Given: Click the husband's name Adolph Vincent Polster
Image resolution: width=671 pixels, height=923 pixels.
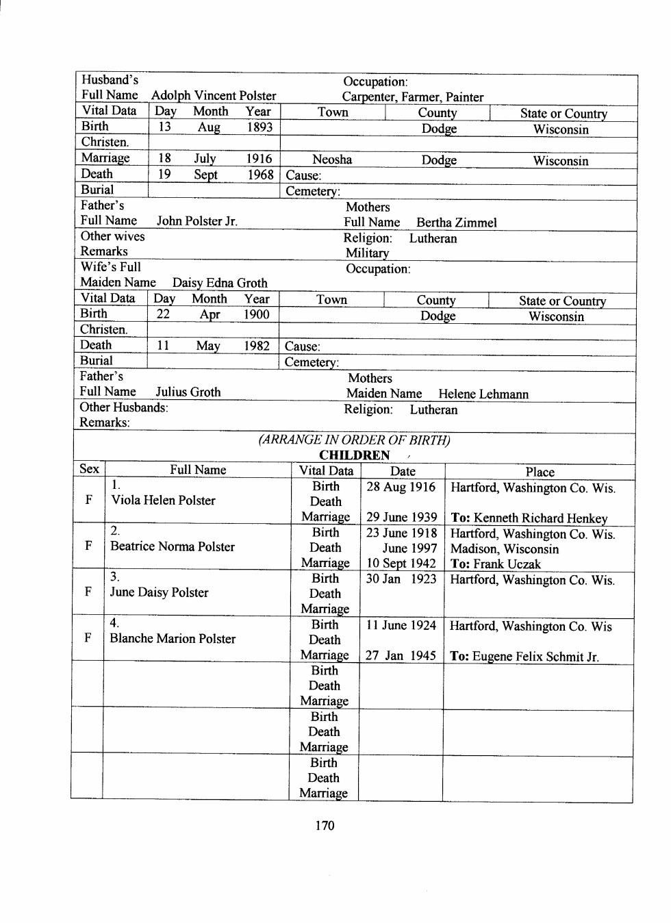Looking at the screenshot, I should [x=214, y=96].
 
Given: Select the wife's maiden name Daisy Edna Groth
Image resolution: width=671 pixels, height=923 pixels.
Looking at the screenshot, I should [x=220, y=283].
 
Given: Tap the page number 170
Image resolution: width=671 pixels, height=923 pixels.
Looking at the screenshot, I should [x=325, y=825].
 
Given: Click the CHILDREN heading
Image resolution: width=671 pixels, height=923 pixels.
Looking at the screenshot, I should [x=354, y=455].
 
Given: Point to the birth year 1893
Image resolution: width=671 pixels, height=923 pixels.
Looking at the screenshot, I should [x=259, y=127].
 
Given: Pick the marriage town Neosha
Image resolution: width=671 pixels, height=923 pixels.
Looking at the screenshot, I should [x=332, y=160].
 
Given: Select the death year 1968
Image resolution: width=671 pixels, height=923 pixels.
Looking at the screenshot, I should [x=260, y=175].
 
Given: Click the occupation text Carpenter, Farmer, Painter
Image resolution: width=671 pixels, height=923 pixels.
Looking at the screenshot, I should [x=413, y=97].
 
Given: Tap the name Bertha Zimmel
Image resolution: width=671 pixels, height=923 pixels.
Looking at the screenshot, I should [x=457, y=223].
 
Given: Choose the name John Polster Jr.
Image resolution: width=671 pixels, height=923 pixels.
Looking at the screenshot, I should [x=197, y=221].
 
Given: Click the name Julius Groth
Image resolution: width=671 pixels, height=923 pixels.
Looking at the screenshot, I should [x=188, y=392].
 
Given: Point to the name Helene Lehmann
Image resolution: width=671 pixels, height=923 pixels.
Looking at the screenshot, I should [x=483, y=394].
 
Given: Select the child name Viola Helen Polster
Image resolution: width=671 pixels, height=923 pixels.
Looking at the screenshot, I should [x=164, y=501].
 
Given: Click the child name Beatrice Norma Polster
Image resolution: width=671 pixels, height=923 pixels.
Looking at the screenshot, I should [x=173, y=546].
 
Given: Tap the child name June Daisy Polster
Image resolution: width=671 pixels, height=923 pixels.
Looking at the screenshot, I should [x=159, y=592].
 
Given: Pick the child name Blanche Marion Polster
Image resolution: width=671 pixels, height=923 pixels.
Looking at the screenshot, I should [x=173, y=638].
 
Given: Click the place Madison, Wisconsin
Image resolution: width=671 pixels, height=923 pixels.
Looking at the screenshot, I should [x=505, y=549].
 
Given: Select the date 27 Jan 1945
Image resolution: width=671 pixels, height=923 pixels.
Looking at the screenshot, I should [x=401, y=655].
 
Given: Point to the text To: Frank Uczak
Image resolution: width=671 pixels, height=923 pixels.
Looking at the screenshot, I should [x=496, y=564].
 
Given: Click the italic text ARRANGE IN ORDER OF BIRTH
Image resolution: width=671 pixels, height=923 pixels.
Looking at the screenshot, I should [x=354, y=440].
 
